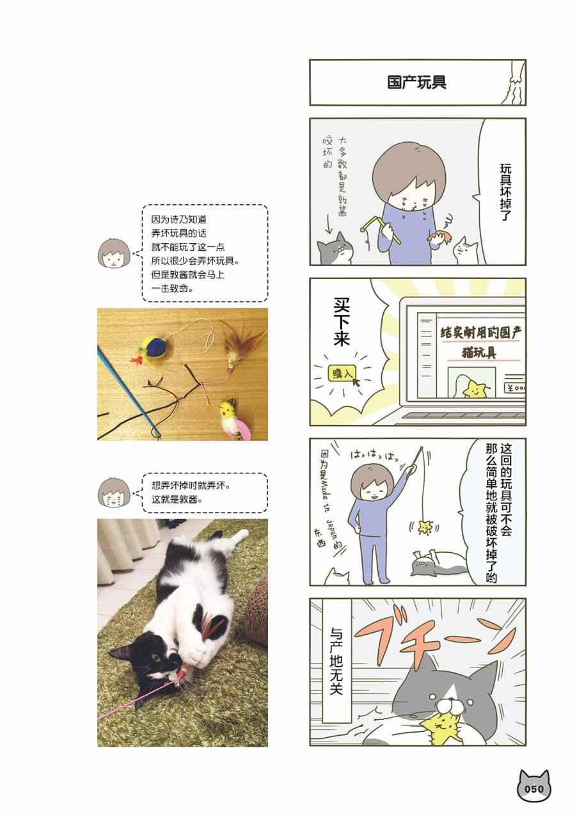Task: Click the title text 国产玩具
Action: (x=417, y=83)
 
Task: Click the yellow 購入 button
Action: (x=342, y=374)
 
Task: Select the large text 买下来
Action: (x=342, y=322)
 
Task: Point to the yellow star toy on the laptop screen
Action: (x=474, y=389)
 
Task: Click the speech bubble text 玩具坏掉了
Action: (x=506, y=193)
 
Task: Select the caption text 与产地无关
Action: (x=336, y=661)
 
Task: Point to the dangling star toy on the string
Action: (x=425, y=527)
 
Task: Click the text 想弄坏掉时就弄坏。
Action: (x=191, y=486)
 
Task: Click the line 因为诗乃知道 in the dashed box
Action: (x=179, y=219)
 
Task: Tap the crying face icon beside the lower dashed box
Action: (x=114, y=493)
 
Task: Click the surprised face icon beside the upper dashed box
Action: (x=114, y=252)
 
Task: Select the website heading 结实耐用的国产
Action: (x=481, y=333)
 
